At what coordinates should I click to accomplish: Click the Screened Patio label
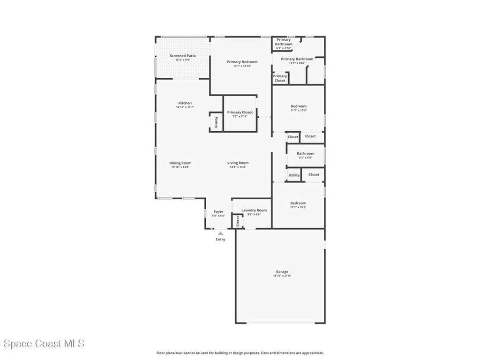click(182, 56)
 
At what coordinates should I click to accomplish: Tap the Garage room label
click(282, 272)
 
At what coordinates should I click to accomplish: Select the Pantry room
click(216, 123)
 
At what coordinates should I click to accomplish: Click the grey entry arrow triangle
click(220, 233)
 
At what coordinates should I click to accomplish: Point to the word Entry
click(220, 240)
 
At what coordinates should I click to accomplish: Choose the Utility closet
click(294, 175)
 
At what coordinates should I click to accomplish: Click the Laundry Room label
click(254, 210)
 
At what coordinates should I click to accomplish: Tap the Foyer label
click(218, 212)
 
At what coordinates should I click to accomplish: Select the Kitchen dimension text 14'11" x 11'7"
click(185, 107)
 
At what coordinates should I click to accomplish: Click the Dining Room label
click(180, 163)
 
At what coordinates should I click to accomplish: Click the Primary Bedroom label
click(242, 62)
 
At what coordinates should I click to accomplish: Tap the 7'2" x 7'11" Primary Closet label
click(240, 116)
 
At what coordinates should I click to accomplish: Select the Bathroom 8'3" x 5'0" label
click(305, 157)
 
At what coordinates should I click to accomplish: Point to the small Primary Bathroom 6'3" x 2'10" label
click(284, 48)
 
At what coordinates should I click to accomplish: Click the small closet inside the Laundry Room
click(238, 221)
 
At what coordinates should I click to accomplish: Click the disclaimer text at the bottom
click(240, 353)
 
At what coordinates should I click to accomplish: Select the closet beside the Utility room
click(314, 174)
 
